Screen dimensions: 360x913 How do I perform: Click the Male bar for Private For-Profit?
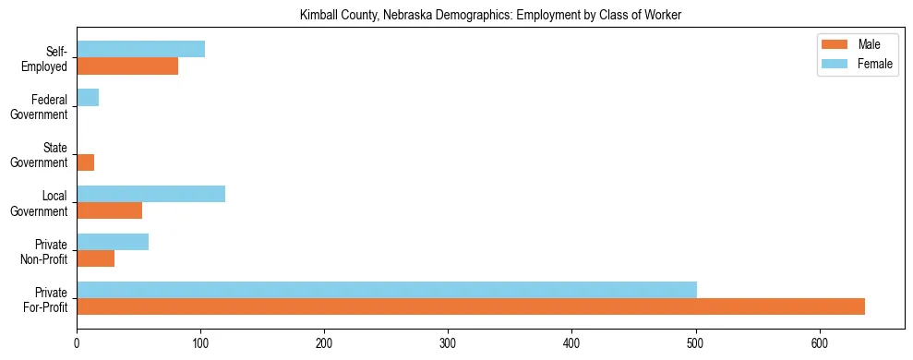tap(471, 306)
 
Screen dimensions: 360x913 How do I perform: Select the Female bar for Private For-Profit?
tap(387, 290)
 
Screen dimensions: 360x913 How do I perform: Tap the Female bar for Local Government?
tap(150, 194)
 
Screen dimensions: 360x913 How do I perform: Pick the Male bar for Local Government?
tap(109, 210)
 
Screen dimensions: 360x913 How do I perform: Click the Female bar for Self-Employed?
tap(140, 50)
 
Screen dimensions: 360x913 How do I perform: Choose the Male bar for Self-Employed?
tap(127, 66)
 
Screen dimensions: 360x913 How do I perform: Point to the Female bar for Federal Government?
tap(88, 98)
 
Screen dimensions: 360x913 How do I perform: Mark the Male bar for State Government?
tap(85, 162)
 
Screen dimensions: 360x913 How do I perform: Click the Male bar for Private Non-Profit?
tap(95, 258)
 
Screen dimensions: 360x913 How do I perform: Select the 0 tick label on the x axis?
tap(77, 342)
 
